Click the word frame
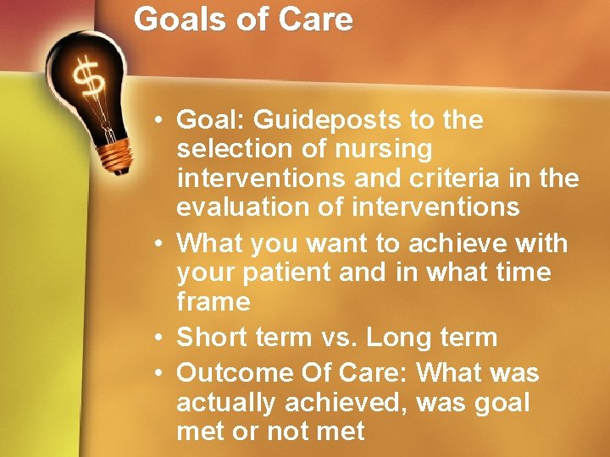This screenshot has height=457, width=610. tap(213, 301)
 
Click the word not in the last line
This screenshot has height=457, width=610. tap(288, 432)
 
